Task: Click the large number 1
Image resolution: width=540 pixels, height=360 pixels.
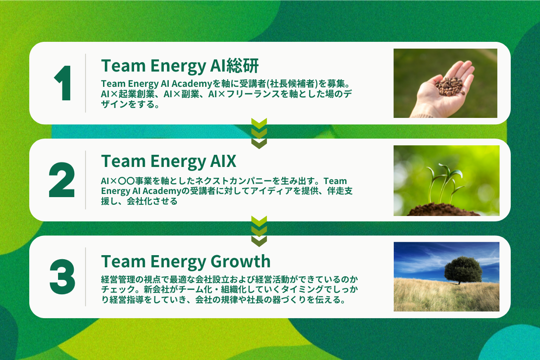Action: (x=63, y=83)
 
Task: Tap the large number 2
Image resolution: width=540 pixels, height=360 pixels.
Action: (x=62, y=180)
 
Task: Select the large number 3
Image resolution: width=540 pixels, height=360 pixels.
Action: (x=62, y=277)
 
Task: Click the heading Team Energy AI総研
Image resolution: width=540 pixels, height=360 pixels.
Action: (x=180, y=66)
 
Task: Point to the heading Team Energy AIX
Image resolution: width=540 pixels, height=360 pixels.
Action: (x=168, y=161)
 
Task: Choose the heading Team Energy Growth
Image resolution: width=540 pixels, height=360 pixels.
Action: (x=185, y=261)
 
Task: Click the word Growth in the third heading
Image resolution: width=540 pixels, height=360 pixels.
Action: (x=241, y=261)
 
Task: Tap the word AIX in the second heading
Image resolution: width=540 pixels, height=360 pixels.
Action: (x=223, y=161)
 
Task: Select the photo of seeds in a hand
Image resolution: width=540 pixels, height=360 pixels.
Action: (x=445, y=83)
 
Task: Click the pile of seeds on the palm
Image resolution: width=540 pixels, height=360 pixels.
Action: (x=450, y=86)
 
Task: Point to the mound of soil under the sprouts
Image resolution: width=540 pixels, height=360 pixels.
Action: (x=443, y=210)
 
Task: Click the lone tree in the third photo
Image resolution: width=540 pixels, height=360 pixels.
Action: (x=463, y=270)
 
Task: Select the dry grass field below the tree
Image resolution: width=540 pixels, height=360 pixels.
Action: (x=446, y=295)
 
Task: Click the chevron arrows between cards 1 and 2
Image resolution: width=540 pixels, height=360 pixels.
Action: (x=259, y=133)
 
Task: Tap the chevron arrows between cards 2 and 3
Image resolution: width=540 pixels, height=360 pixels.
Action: (x=259, y=231)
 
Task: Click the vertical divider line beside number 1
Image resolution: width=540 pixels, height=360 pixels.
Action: (x=85, y=83)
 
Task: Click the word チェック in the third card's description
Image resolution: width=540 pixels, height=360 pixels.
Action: (x=118, y=289)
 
